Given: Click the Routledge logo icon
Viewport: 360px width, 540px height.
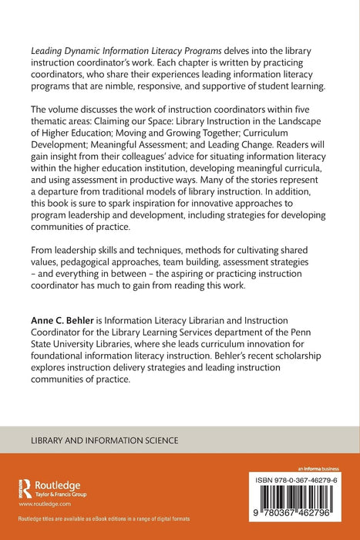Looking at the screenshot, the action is coord(22,488).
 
